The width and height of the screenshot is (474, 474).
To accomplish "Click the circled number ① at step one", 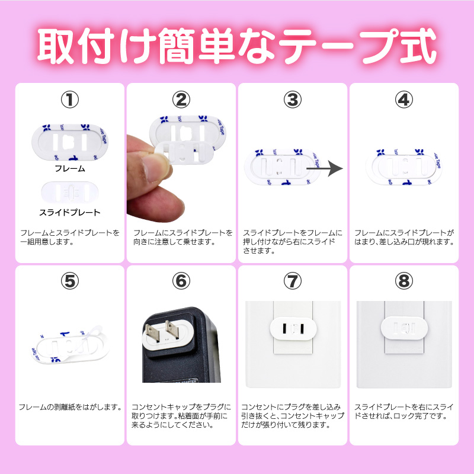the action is coord(70,100).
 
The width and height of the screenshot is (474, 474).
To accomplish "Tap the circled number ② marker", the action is coord(181,100).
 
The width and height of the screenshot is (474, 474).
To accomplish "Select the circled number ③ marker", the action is coord(292,100).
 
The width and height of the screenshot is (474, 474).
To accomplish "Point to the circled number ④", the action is coord(404,100).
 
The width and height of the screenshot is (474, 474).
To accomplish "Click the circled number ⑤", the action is coord(70,281).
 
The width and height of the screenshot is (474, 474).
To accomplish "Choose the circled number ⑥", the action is coord(181,281).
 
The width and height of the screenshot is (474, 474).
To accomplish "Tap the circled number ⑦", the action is coord(292,281).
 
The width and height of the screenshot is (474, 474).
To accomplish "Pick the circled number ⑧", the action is coord(404,281).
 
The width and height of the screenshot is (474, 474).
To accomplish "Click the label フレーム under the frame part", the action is coord(70,168).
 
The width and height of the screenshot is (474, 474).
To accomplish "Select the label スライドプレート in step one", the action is coord(70,213).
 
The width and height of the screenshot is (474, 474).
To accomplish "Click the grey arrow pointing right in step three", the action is coord(325,169).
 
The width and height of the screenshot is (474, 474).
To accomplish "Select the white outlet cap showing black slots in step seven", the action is coord(293,329).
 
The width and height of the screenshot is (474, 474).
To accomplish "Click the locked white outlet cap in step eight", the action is coord(404,328).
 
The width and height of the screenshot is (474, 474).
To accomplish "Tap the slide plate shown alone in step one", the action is coord(70,193).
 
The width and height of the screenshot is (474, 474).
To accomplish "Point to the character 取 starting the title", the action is coord(56,46).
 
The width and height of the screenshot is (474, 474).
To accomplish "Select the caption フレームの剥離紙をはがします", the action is coord(70,407).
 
